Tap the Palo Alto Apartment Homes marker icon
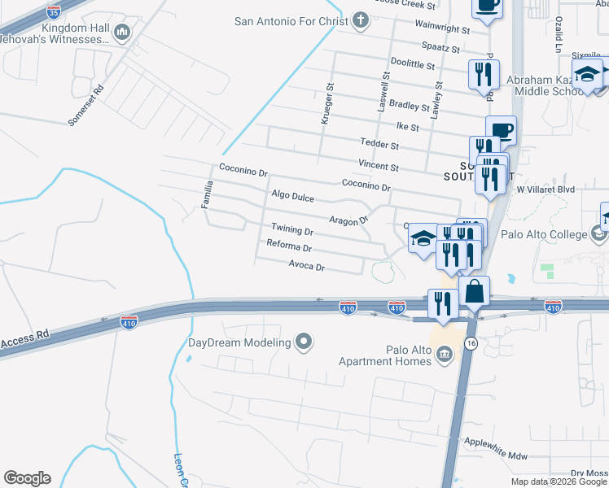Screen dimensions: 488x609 [445, 353]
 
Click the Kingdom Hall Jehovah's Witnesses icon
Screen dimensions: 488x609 [122, 33]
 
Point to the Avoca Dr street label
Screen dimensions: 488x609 [306, 266]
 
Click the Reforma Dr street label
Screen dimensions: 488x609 [289, 246]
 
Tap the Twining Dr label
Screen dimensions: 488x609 [292, 230]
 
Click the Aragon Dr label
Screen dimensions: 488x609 [348, 220]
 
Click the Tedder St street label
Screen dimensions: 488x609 [379, 146]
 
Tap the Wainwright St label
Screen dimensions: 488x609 [442, 29]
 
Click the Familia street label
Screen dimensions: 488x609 [208, 194]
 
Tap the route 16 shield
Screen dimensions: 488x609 [471, 344]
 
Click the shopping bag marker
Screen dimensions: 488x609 [474, 290]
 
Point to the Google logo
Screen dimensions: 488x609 [27, 477]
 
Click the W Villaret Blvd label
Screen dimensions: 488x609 [545, 190]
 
